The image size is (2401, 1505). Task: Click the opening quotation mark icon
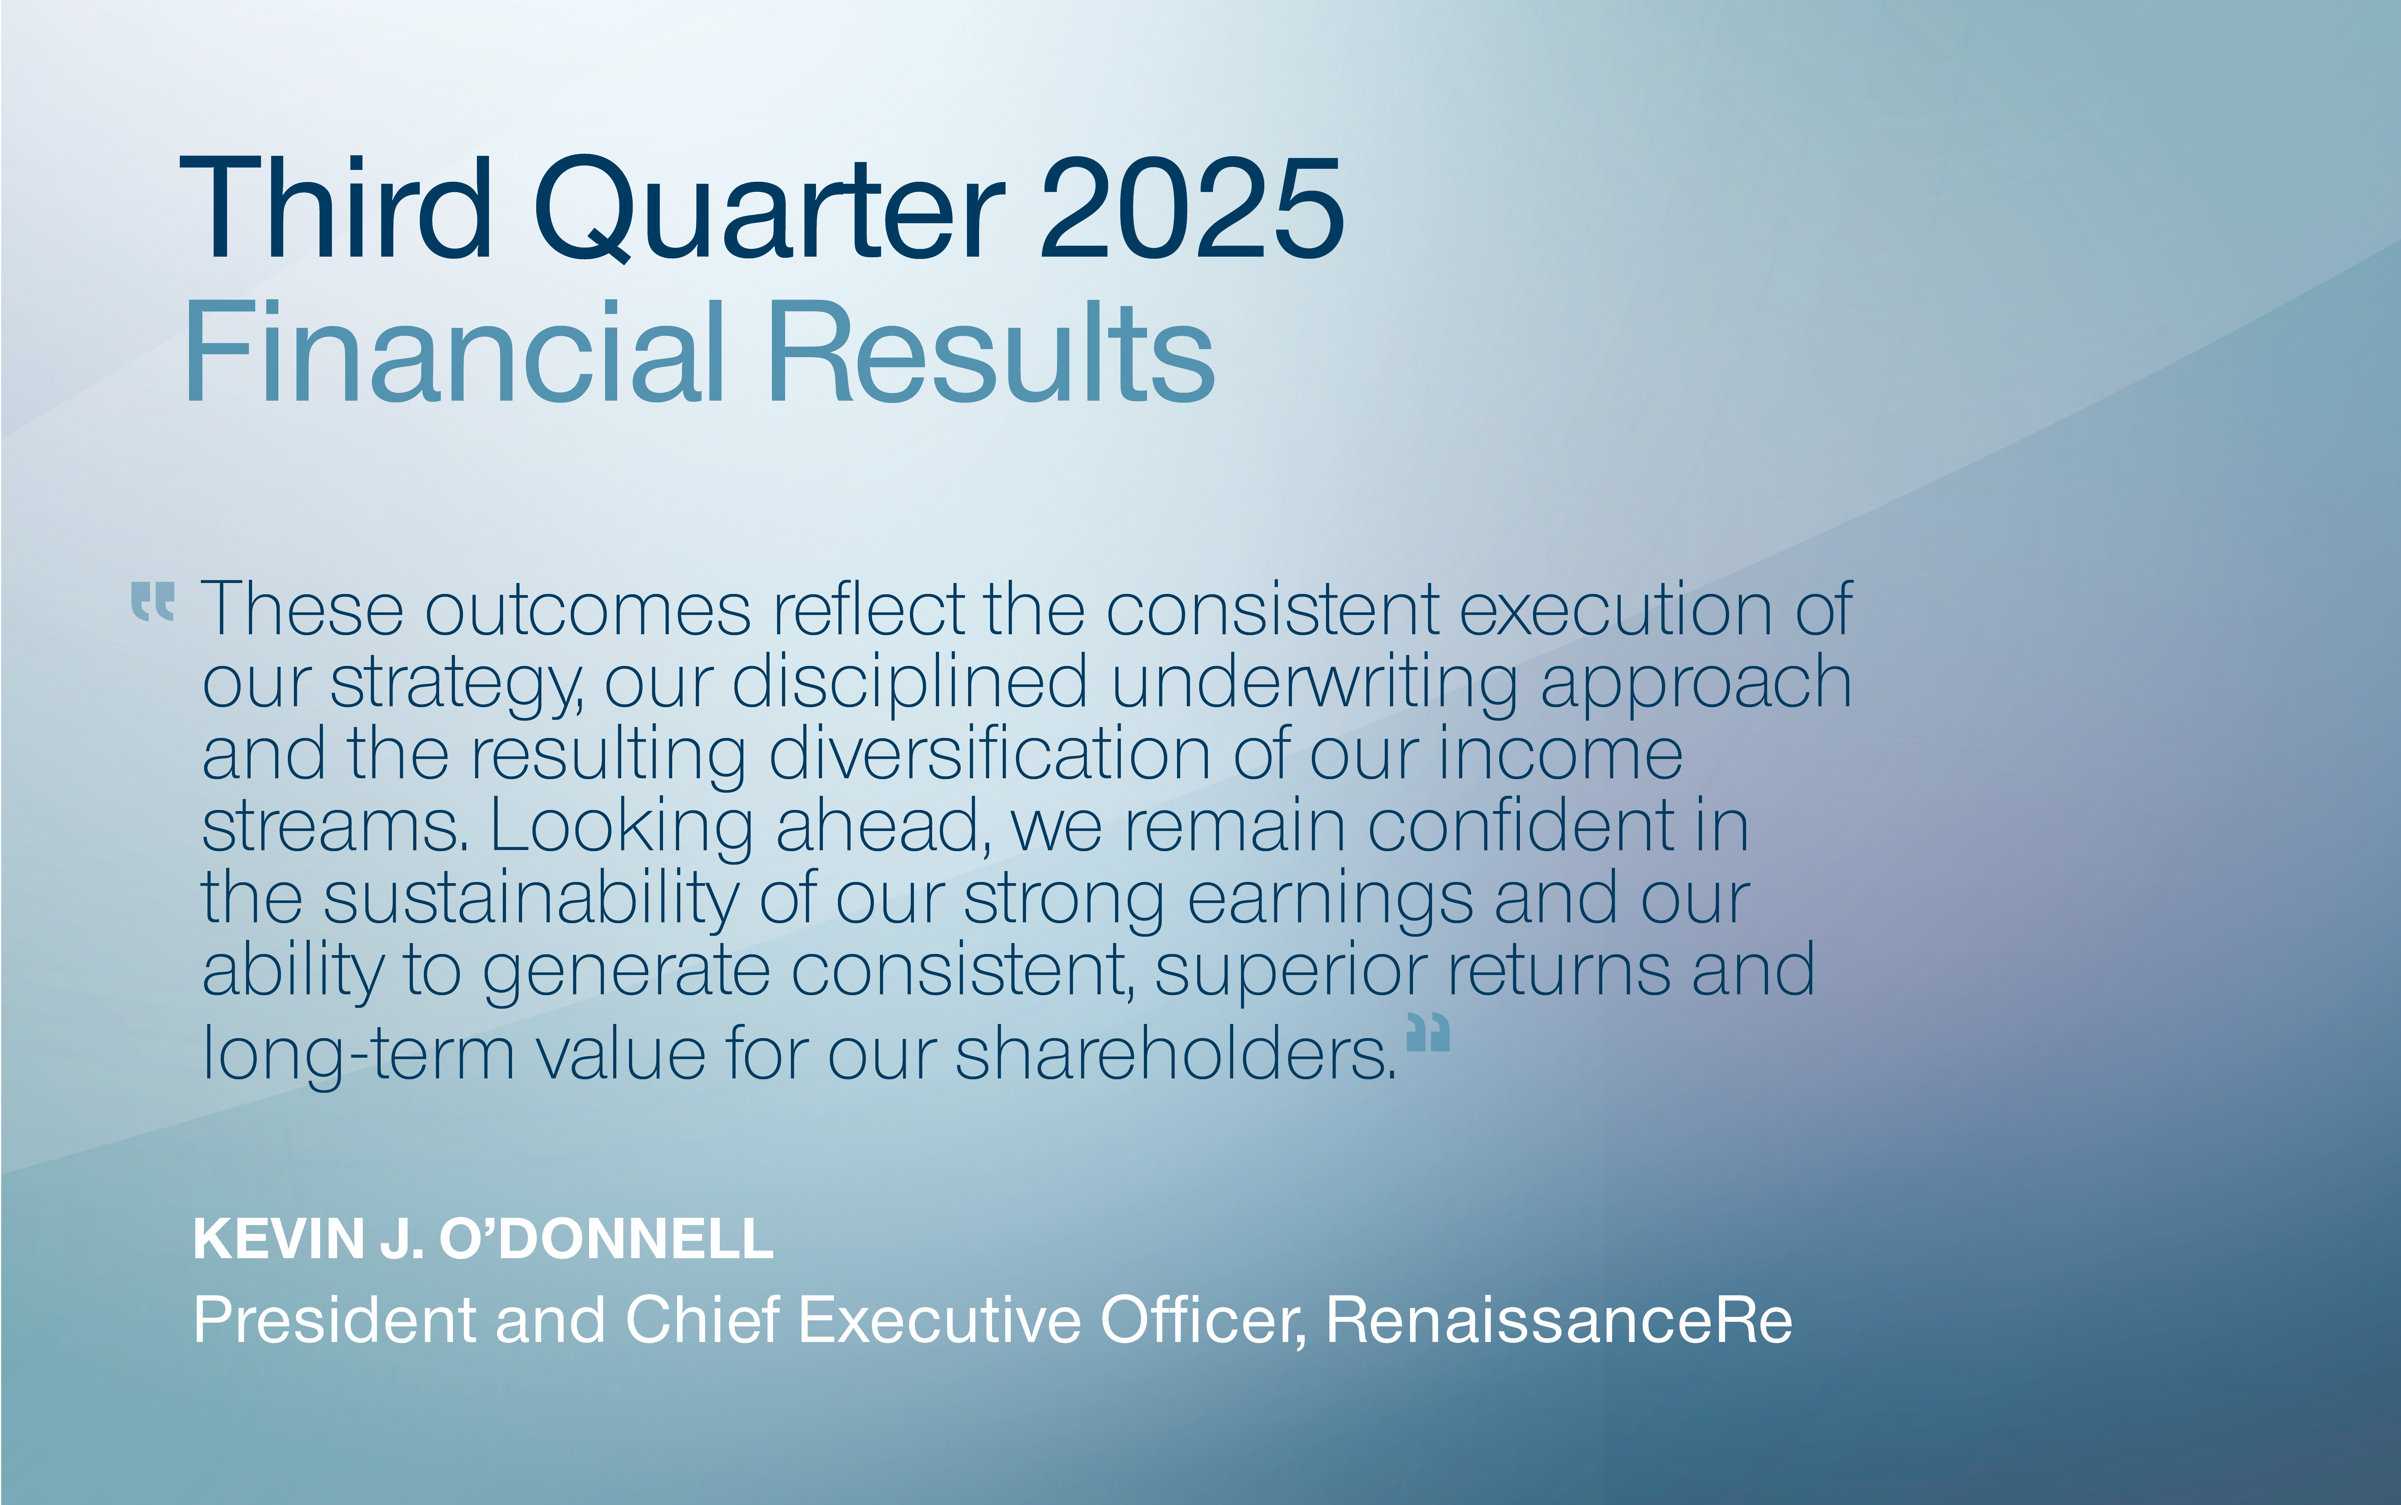(x=153, y=602)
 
